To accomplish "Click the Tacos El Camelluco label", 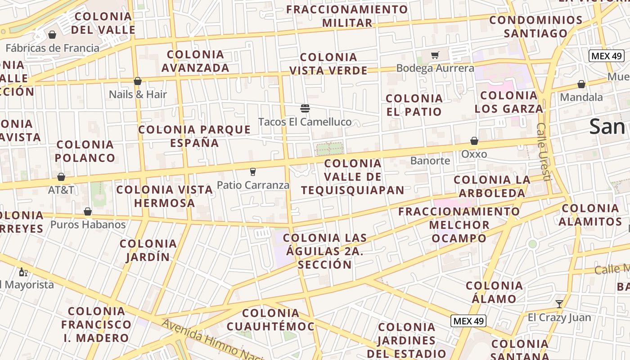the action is click(x=305, y=122).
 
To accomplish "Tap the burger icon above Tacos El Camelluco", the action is click(x=305, y=108).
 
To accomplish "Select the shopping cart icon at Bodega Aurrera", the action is click(x=435, y=55).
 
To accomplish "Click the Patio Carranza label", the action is click(x=253, y=185).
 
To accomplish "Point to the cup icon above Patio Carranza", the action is click(x=252, y=171).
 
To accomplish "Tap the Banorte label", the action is click(x=430, y=161).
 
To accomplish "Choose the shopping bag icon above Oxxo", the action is click(x=474, y=141).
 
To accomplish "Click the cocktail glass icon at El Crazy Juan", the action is click(x=559, y=304).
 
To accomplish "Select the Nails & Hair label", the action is click(x=138, y=94).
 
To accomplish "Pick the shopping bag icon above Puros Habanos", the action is click(x=88, y=211).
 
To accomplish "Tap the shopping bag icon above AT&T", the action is click(x=61, y=177).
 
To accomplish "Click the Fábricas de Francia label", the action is click(x=52, y=48).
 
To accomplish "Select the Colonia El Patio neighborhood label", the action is click(x=414, y=105).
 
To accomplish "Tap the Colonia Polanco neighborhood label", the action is click(x=85, y=151).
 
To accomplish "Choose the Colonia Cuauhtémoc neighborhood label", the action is click(x=270, y=320).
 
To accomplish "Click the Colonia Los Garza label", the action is click(x=508, y=102).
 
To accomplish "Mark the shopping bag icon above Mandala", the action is click(x=581, y=84).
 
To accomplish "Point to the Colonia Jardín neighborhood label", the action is click(x=148, y=251).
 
